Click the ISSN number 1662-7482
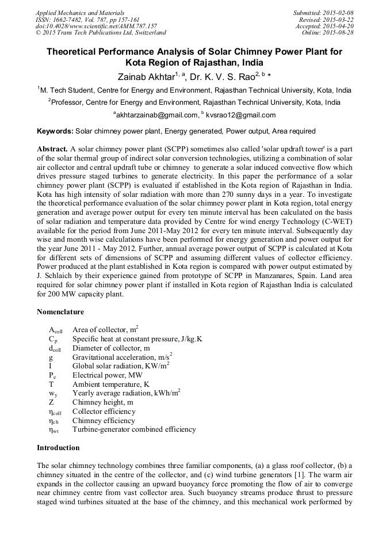pyautogui.click(x=72, y=20)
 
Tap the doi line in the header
pyautogui.click(x=95, y=26)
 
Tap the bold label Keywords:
pyautogui.click(x=55, y=132)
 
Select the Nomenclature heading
pyautogui.click(x=60, y=312)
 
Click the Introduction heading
pyautogui.click(x=58, y=448)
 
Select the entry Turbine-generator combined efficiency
pyautogui.click(x=133, y=429)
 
